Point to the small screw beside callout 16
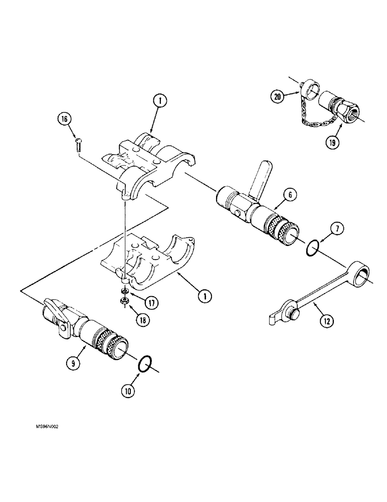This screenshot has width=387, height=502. coord(78,145)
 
